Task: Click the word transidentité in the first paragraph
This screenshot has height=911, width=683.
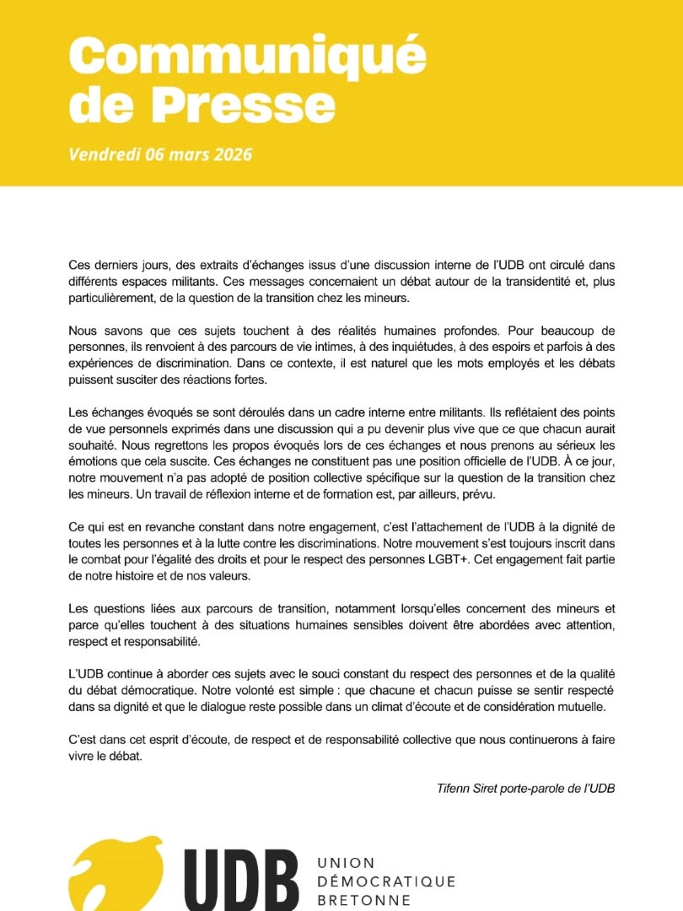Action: coord(503,282)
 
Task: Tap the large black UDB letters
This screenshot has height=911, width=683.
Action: coord(240,877)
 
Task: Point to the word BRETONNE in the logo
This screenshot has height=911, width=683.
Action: coord(364,900)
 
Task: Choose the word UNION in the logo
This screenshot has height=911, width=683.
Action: coord(346,863)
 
